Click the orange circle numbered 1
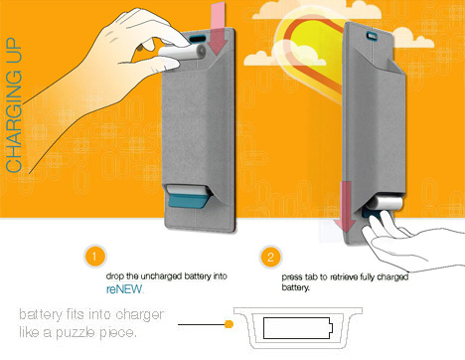pos(94,256)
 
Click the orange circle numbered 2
pos(270,257)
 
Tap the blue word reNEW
pos(124,289)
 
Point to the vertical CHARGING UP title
pos(14,104)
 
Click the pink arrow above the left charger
pos(219,28)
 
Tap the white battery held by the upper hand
pos(183,53)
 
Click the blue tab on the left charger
pos(188,201)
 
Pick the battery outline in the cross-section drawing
pos(298,328)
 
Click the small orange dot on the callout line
pos(229,324)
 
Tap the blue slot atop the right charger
pos(373,36)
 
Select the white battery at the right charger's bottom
pos(387,202)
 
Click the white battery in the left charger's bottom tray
pos(187,190)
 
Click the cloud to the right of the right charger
pos(412,38)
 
